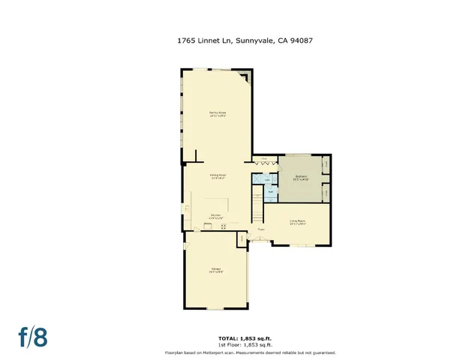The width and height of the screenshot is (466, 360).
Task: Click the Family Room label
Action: click(218, 114)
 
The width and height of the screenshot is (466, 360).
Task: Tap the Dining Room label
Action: click(218, 176)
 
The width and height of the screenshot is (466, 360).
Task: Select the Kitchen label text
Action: click(216, 216)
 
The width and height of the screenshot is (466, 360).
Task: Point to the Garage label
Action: click(215, 269)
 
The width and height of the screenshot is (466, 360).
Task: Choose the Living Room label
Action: click(297, 220)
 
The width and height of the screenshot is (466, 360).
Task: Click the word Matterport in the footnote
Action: click(221, 352)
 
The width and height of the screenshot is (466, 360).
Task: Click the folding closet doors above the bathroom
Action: click(264, 160)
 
